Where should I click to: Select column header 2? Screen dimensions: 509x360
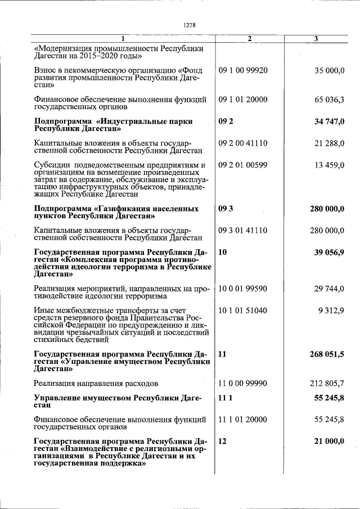point(249,39)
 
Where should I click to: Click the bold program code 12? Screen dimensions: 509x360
point(222,442)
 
